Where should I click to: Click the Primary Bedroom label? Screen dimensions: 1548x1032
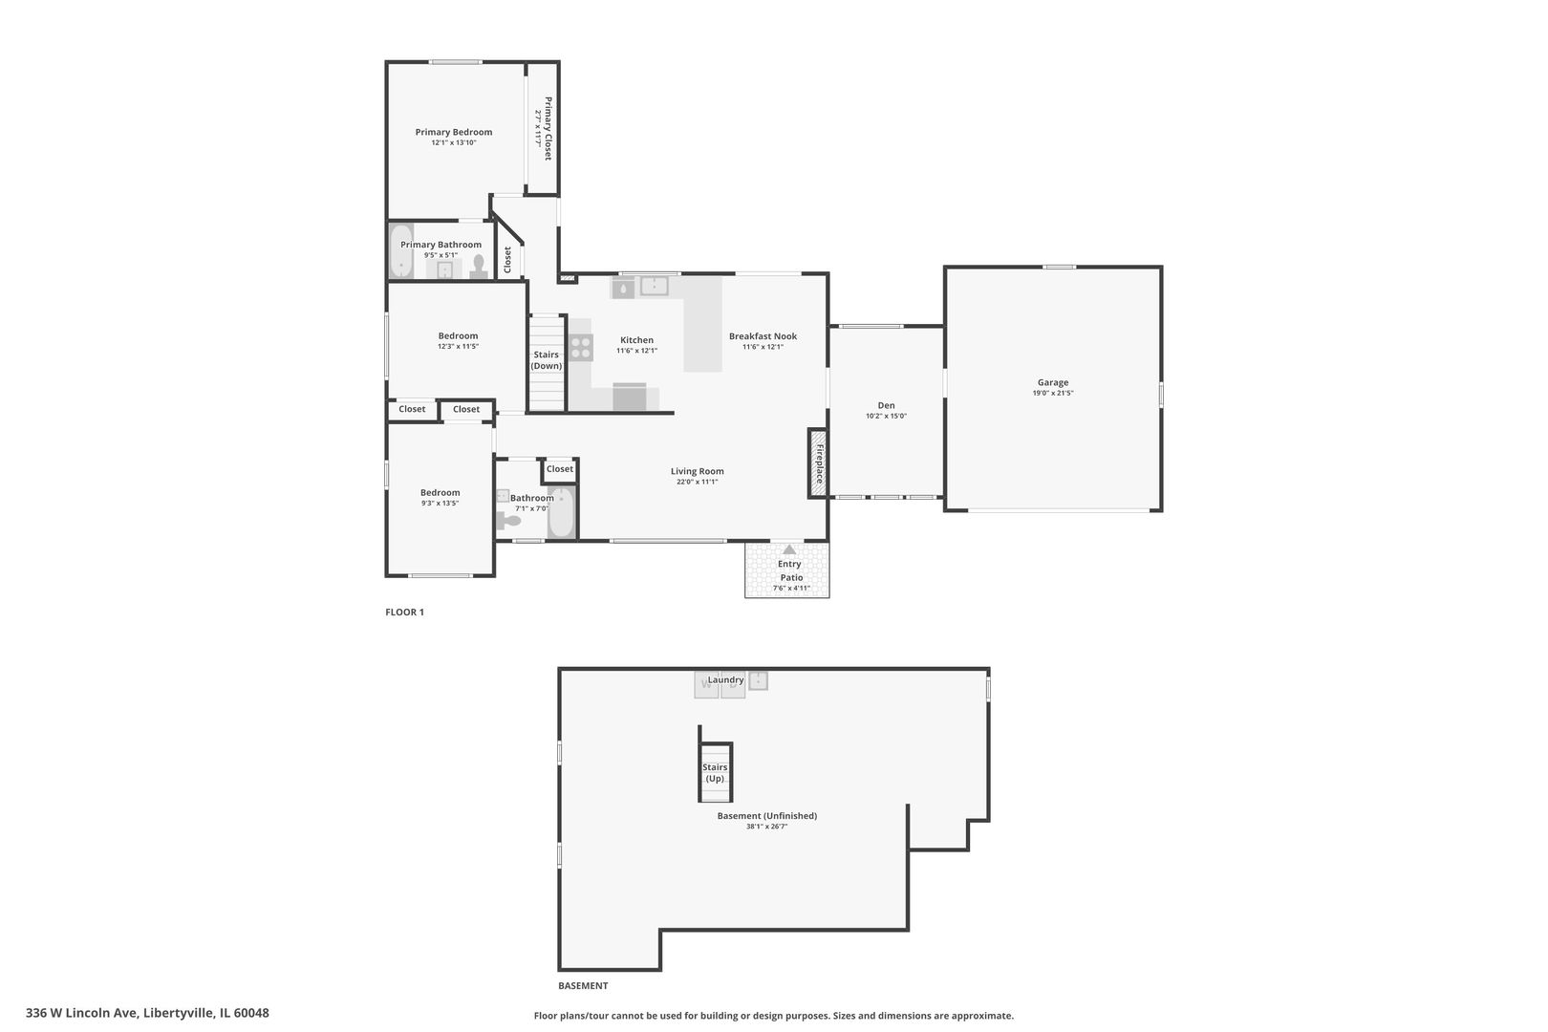453,132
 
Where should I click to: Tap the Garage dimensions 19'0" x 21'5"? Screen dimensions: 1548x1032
1052,394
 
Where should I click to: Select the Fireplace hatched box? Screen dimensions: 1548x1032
818,463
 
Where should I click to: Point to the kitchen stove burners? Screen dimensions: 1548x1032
581,348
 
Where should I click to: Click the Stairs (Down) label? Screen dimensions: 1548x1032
546,360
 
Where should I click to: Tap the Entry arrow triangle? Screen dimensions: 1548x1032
789,549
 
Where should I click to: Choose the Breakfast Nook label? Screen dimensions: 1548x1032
763,336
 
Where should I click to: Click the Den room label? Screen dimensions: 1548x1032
886,406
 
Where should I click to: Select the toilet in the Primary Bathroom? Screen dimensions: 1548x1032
479,266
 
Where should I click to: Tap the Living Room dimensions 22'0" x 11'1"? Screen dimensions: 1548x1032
698,482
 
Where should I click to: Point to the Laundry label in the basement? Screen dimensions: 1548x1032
725,680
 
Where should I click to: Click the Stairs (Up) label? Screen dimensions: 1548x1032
715,773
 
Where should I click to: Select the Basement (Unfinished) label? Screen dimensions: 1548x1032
767,816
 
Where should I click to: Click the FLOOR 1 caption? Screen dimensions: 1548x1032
405,612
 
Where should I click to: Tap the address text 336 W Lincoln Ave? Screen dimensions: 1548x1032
82,1013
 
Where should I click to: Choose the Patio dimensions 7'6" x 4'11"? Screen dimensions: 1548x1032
791,589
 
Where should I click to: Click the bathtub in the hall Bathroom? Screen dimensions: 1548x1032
561,512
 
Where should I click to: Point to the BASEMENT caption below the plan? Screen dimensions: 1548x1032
583,986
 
